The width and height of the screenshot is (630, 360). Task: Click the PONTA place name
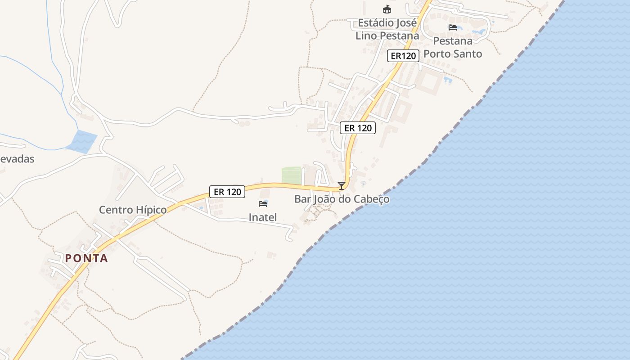pyautogui.click(x=87, y=258)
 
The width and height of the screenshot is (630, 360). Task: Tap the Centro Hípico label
pyautogui.click(x=133, y=210)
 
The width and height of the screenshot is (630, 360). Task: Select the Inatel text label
pyautogui.click(x=262, y=217)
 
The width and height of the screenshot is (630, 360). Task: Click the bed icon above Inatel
pyautogui.click(x=263, y=204)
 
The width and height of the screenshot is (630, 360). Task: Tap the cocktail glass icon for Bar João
pyautogui.click(x=342, y=185)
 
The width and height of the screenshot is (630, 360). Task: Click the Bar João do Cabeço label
pyautogui.click(x=342, y=199)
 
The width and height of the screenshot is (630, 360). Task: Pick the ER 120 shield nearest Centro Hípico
pyautogui.click(x=227, y=192)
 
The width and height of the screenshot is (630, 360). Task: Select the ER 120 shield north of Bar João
pyautogui.click(x=358, y=128)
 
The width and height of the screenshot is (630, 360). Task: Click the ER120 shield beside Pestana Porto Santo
pyautogui.click(x=403, y=56)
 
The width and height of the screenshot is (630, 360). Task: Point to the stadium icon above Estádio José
pyautogui.click(x=387, y=9)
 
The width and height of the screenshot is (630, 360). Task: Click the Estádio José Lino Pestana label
pyautogui.click(x=387, y=29)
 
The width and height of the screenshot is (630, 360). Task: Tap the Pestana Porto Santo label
pyautogui.click(x=453, y=47)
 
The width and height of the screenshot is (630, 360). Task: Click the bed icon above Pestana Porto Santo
pyautogui.click(x=453, y=27)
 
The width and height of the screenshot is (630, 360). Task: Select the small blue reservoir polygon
pyautogui.click(x=82, y=141)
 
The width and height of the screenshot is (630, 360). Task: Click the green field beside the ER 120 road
pyautogui.click(x=291, y=175)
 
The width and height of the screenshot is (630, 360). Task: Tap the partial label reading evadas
pyautogui.click(x=17, y=159)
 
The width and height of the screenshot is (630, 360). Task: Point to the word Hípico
pyautogui.click(x=150, y=210)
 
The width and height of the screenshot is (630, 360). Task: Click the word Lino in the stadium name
pyautogui.click(x=366, y=36)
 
